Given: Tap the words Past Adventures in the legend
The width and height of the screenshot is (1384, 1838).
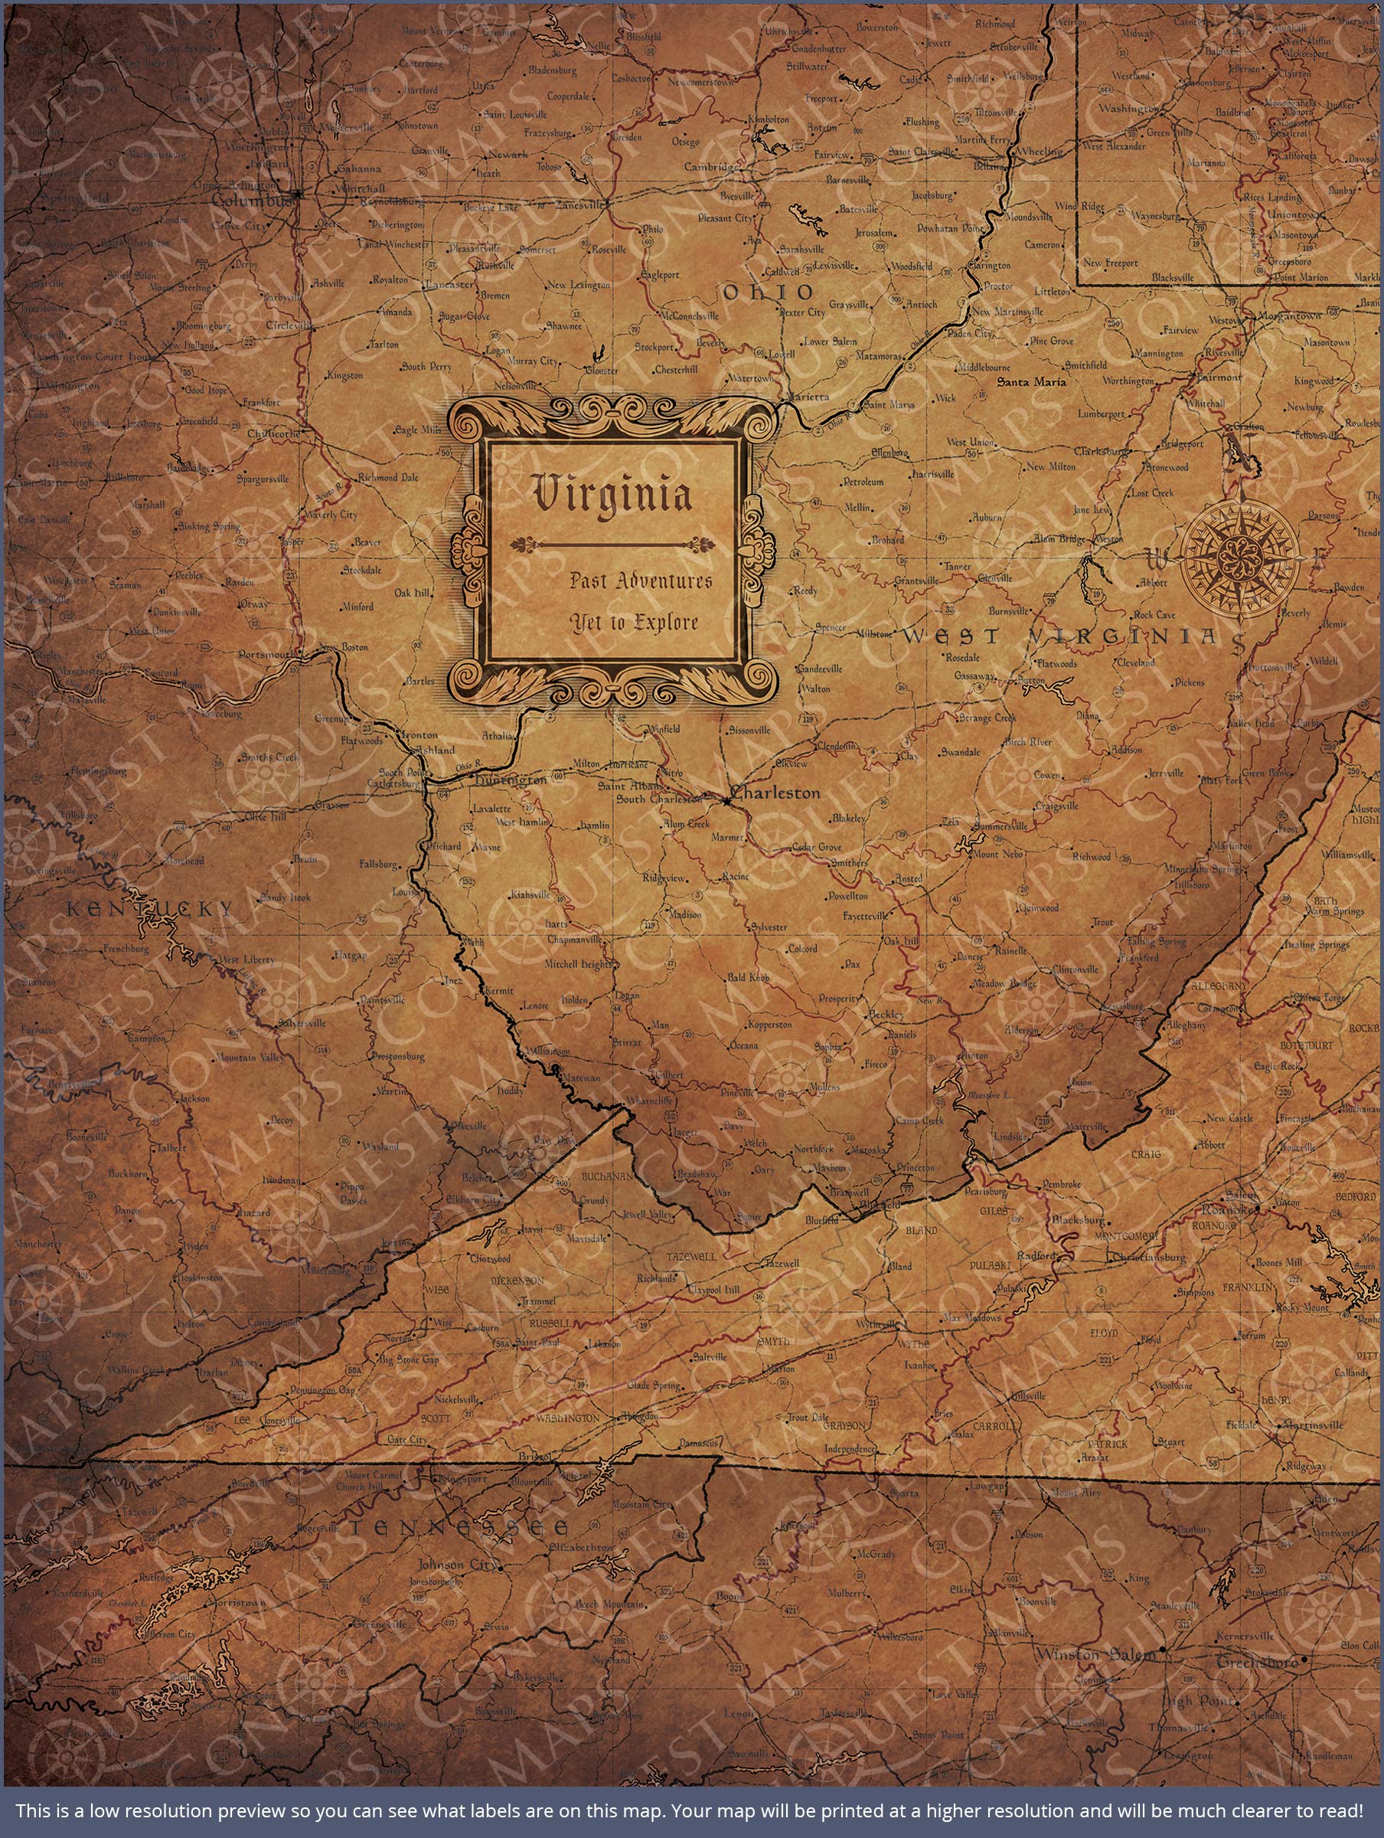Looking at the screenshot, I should pos(641,581).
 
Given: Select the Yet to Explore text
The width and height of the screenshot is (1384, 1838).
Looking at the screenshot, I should pos(633,622).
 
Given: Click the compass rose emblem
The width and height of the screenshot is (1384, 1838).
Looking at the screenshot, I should pos(1241,556).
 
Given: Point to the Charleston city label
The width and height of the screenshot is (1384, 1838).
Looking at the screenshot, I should pos(777,793).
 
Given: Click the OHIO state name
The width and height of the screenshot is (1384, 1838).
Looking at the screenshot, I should pos(769,292).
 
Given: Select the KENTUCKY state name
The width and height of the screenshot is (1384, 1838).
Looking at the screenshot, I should pos(149,909).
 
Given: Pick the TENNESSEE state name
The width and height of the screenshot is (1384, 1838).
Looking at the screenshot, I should pos(459,1527).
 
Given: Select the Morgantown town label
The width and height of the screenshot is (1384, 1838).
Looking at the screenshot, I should pos(1293,316).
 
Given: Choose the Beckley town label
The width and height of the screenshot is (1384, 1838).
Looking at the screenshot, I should pos(880,1015).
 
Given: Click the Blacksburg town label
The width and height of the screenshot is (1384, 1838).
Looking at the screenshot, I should pos(1079,1221).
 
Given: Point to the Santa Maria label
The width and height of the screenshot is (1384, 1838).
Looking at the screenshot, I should pos(1031,383).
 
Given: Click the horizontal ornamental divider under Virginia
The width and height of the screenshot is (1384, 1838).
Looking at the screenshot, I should pos(612,545).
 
